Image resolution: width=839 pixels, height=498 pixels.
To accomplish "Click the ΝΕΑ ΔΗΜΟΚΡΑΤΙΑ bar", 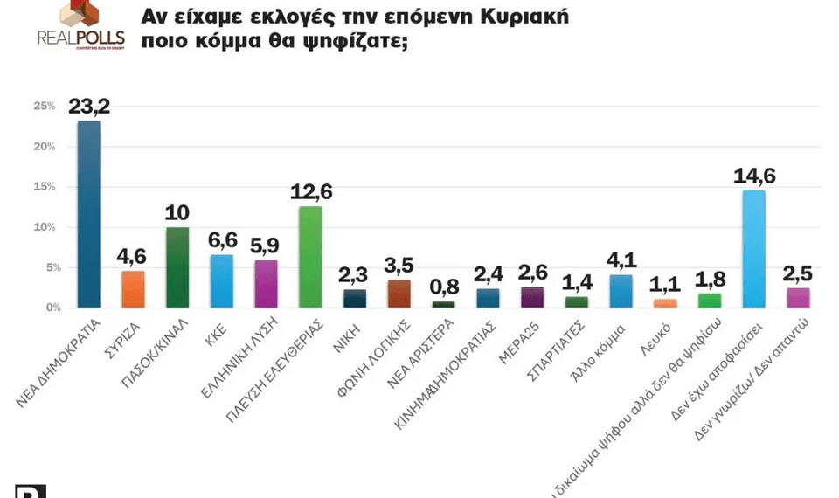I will (x=89, y=214).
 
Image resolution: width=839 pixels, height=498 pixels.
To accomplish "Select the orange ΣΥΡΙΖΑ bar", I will (x=133, y=289).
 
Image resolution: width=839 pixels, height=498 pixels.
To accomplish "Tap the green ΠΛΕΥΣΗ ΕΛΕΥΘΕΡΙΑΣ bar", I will (x=310, y=257).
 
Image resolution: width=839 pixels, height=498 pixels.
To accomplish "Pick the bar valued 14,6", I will (x=753, y=249).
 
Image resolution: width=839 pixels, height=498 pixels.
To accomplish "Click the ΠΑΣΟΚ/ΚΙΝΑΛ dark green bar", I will (x=177, y=267).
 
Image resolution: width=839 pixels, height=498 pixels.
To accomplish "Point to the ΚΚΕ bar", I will (x=222, y=280).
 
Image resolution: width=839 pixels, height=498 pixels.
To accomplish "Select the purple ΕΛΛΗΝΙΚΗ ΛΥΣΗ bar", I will (x=267, y=284).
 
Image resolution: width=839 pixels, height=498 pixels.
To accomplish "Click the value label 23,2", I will (x=89, y=107).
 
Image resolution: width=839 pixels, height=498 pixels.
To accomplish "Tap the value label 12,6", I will (x=310, y=192).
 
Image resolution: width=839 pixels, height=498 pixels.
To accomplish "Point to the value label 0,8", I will (x=444, y=287).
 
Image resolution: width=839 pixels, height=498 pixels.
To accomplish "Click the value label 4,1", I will (x=621, y=260).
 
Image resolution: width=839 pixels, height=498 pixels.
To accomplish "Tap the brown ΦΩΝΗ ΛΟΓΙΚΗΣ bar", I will (x=399, y=294).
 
